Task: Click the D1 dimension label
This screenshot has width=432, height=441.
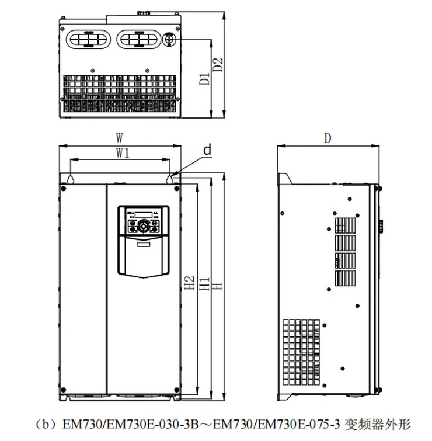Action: pyautogui.click(x=204, y=78)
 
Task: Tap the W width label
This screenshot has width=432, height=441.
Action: pyautogui.click(x=120, y=138)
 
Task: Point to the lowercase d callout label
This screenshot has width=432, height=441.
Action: pyautogui.click(x=207, y=150)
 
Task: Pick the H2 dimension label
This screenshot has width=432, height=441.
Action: pyautogui.click(x=189, y=284)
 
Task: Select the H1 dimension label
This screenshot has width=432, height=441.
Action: pyautogui.click(x=204, y=284)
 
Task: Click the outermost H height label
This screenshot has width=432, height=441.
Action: pyautogui.click(x=215, y=284)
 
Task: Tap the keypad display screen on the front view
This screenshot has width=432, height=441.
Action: pyautogui.click(x=142, y=213)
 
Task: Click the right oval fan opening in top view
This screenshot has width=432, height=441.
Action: pyautogui.click(x=139, y=39)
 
